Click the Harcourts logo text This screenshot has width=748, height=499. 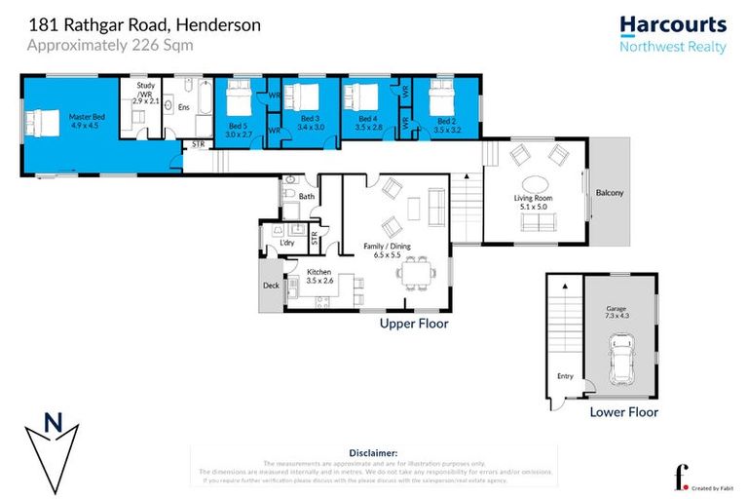(x=673, y=24)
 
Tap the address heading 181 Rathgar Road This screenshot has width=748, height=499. (x=144, y=25)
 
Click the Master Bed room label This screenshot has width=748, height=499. (x=86, y=121)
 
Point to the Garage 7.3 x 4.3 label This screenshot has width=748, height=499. (x=618, y=313)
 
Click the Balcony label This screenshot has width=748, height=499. (x=610, y=192)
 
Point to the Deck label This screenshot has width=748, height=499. (x=271, y=286)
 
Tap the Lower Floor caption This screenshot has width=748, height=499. (x=623, y=412)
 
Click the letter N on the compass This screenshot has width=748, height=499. (x=55, y=422)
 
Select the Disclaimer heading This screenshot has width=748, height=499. (x=373, y=452)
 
